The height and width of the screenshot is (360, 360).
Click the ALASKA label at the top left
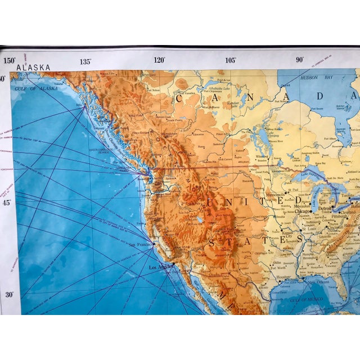click(33, 67)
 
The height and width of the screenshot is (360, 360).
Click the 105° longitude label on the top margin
click(230, 60)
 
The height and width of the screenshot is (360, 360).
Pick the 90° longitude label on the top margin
click(300, 59)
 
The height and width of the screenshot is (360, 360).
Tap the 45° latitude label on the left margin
click(8, 202)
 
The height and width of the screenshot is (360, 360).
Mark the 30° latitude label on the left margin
click(10, 294)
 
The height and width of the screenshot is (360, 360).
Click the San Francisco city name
click(141, 245)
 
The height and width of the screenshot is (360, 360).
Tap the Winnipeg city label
click(262, 157)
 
